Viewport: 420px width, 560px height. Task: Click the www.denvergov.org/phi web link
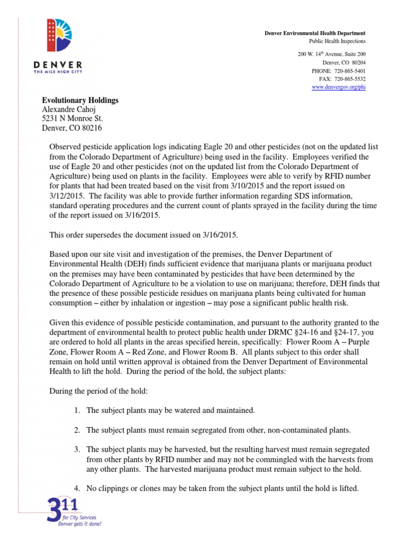(x=339, y=87)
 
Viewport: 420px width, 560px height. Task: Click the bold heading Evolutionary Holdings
(x=80, y=101)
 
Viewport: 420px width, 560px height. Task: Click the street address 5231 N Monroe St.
(x=73, y=119)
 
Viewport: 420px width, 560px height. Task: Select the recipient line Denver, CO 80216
(x=72, y=128)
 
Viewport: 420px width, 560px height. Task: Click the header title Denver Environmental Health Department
(x=315, y=34)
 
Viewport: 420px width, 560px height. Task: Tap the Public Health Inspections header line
(x=337, y=42)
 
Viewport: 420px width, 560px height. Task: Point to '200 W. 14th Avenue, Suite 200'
(x=331, y=55)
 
